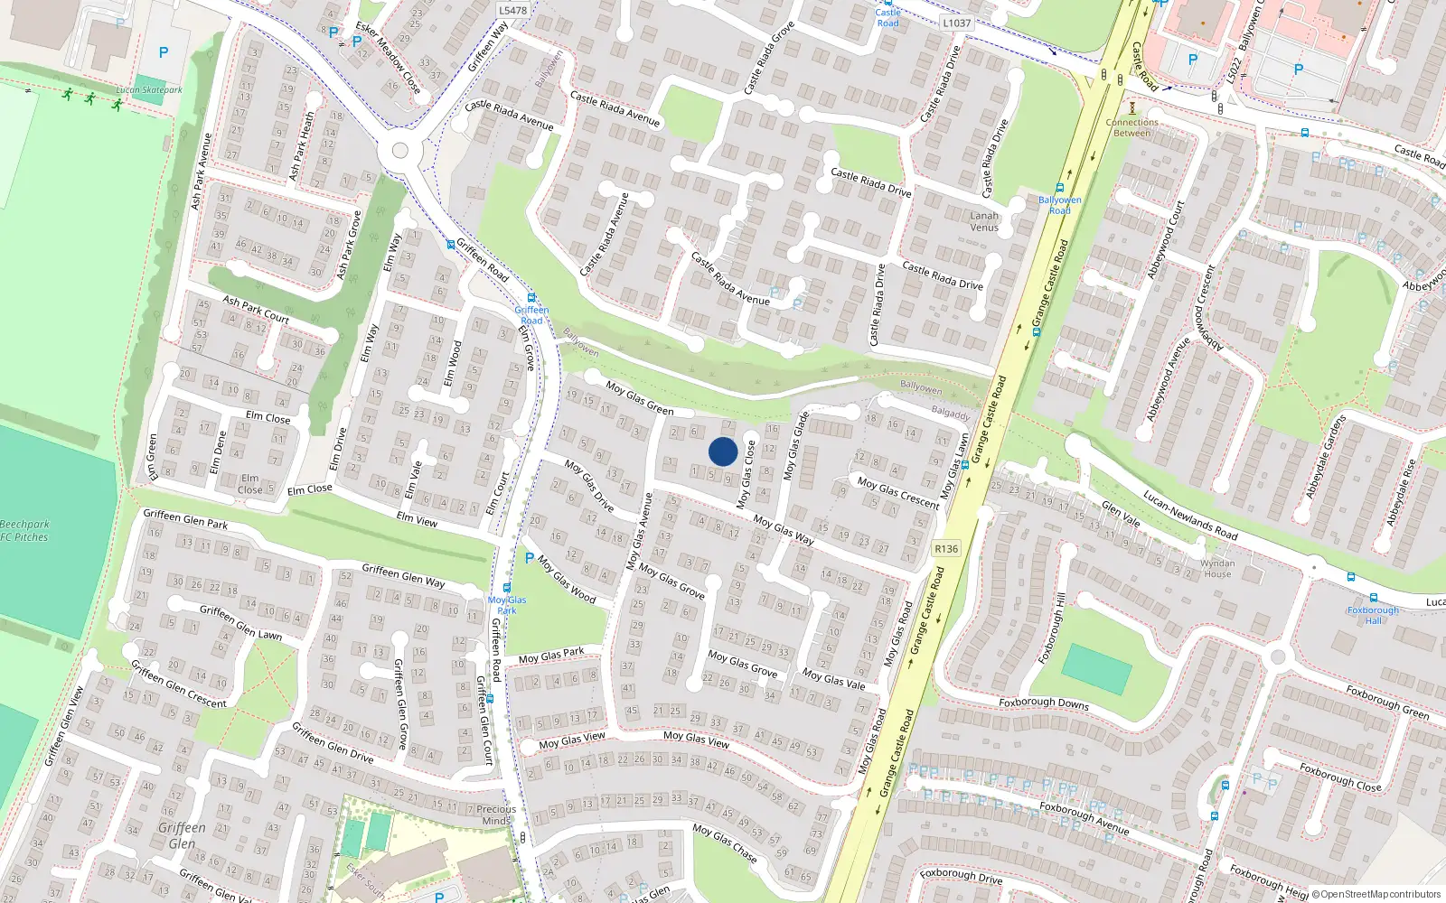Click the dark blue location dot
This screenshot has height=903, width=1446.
click(x=723, y=451)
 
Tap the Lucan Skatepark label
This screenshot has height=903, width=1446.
click(x=149, y=90)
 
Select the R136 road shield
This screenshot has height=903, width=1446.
click(x=946, y=549)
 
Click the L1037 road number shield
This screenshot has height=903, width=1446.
click(x=956, y=23)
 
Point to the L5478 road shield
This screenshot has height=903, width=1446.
click(x=512, y=11)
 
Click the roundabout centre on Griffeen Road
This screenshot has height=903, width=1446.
click(x=399, y=151)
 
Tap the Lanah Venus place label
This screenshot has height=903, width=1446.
click(x=984, y=221)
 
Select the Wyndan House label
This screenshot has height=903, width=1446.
click(x=1217, y=568)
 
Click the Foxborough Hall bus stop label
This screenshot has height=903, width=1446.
click(x=1373, y=615)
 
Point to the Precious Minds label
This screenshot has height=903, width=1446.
click(x=496, y=815)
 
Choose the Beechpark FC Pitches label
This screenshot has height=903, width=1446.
click(x=24, y=531)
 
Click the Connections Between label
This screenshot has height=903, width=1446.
click(x=1131, y=127)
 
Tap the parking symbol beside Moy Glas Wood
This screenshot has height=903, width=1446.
click(x=530, y=559)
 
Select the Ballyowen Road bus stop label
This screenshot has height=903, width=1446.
click(x=1059, y=205)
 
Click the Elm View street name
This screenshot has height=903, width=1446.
click(x=417, y=519)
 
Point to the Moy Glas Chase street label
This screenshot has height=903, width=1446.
click(x=725, y=842)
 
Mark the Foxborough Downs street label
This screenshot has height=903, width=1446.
click(x=1044, y=703)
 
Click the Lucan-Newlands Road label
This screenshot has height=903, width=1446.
click(x=1189, y=515)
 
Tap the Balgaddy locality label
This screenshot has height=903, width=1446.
click(x=950, y=414)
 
